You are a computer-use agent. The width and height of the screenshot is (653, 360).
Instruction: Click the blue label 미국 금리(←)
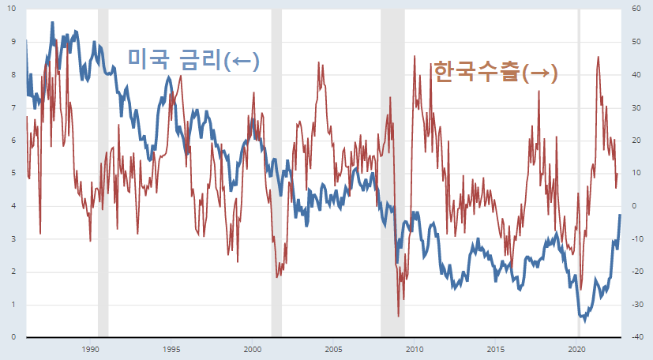tap(193, 59)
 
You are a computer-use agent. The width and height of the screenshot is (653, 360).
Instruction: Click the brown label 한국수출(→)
tap(495, 73)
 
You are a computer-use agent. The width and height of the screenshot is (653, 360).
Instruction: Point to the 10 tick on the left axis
tap(11, 9)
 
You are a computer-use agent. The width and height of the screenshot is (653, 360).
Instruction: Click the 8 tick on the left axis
tap(11, 75)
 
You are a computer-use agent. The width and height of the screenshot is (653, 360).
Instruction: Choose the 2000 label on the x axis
tap(252, 349)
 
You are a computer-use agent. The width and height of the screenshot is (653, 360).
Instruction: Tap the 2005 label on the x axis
tap(333, 349)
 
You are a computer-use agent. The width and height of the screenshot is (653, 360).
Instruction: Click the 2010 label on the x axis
tap(415, 349)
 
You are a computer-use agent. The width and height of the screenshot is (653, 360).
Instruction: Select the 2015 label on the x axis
tap(496, 349)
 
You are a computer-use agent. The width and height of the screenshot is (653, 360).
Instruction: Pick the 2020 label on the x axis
tap(576, 349)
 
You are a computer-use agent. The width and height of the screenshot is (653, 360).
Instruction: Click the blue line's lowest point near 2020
tap(584, 320)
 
